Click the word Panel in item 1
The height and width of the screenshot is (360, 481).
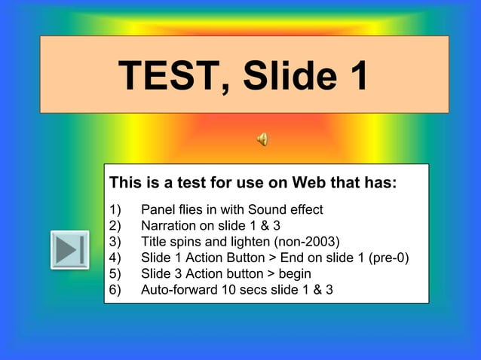pyautogui.click(x=157, y=209)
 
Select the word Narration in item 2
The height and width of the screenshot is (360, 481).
pyautogui.click(x=167, y=225)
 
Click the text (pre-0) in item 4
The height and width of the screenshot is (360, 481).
pyautogui.click(x=384, y=258)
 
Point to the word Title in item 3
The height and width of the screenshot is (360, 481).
pyautogui.click(x=153, y=242)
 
